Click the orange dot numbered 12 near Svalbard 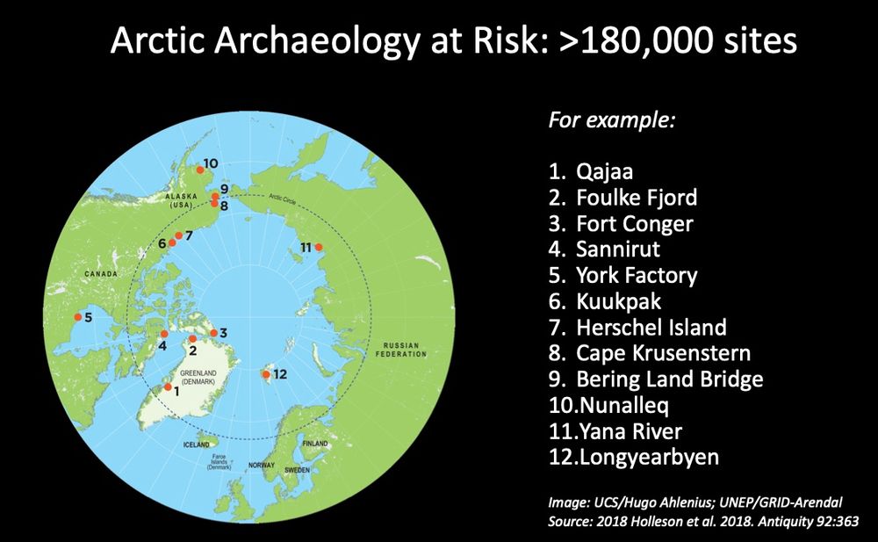(265, 375)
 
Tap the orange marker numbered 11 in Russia (319, 247)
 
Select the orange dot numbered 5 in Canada (78, 317)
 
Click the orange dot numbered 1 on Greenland (169, 387)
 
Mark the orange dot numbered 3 (213, 333)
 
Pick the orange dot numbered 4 (164, 334)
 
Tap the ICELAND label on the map (196, 445)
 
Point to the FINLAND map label (314, 444)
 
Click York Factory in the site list (636, 275)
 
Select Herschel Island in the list (651, 328)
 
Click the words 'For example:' (611, 119)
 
